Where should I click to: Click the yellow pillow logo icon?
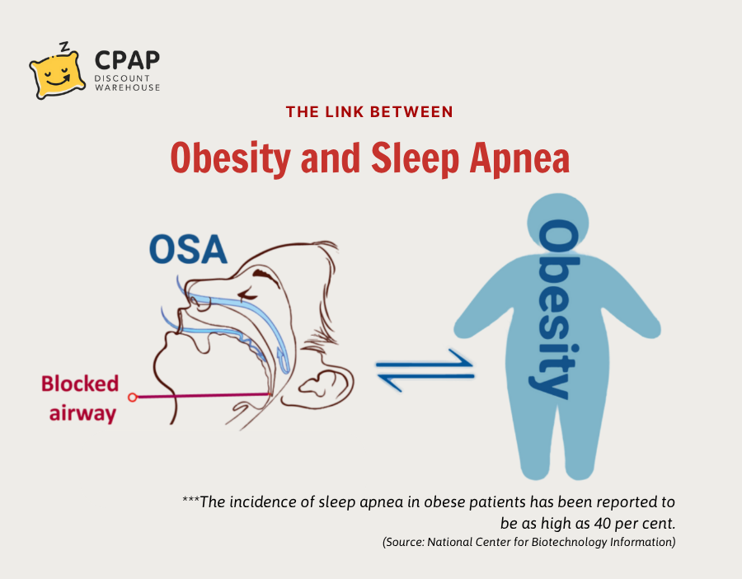(57, 74)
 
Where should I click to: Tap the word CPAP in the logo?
(127, 60)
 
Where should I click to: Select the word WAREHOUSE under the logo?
(127, 87)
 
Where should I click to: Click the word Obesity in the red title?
(231, 158)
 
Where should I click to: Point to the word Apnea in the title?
(519, 158)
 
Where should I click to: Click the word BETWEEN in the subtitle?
(411, 111)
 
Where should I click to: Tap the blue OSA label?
(188, 249)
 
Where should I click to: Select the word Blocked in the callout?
(79, 384)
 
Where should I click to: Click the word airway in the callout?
(82, 413)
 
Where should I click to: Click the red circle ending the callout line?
(133, 398)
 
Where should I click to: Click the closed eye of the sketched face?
(248, 295)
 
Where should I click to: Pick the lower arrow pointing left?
(425, 380)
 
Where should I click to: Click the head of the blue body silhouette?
(558, 224)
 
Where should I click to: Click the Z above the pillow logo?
(63, 46)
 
